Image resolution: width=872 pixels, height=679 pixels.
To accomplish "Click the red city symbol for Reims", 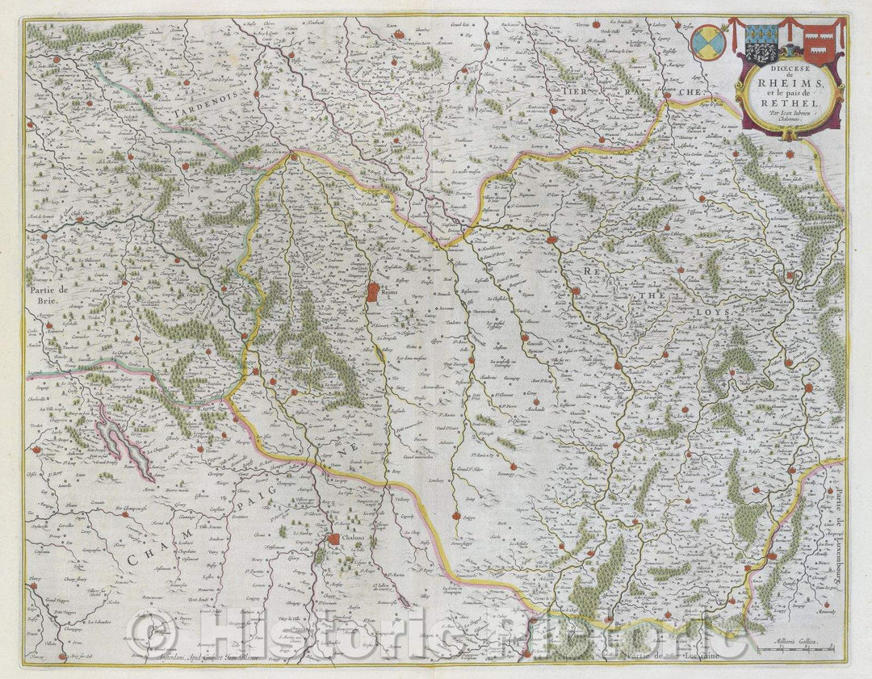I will coord(373,291).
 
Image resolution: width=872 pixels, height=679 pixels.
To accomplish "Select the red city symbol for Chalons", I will coord(333,539).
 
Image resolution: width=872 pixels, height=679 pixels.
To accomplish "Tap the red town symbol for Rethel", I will coord(551,240).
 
